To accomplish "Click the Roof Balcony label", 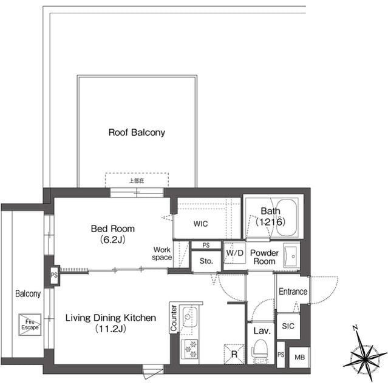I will click(x=137, y=132).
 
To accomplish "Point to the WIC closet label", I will click(x=200, y=224).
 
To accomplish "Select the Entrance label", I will click(x=293, y=292).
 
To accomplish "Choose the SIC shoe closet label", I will click(x=288, y=326).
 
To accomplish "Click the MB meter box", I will click(x=299, y=357).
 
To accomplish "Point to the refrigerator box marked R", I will click(x=233, y=353).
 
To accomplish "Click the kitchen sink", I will click(x=189, y=316).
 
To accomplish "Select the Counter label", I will click(x=174, y=318).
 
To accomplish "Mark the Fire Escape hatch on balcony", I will click(x=30, y=323).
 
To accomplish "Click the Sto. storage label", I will click(x=206, y=262).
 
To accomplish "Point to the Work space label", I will click(x=162, y=253).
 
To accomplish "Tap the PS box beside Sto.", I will click(x=206, y=245).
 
